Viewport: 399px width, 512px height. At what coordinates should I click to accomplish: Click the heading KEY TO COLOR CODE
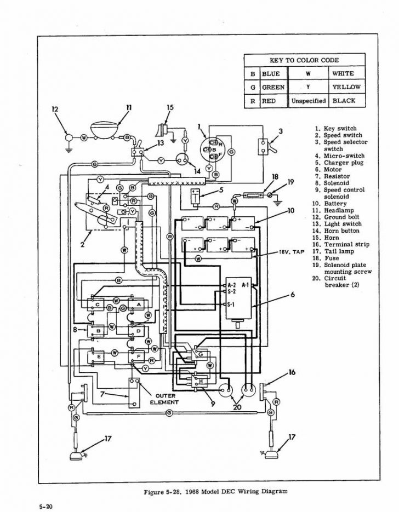pos(304,60)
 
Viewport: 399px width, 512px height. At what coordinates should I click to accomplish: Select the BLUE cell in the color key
pos(271,73)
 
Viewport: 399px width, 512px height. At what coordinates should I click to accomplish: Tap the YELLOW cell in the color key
pos(346,87)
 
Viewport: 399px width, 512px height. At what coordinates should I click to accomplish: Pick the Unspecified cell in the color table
pos(309,101)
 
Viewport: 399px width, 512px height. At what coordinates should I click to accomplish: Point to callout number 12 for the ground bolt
pos(54,109)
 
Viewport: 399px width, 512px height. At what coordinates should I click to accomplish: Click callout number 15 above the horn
pos(170,107)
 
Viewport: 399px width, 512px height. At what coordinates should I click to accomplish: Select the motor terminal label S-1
pos(231,304)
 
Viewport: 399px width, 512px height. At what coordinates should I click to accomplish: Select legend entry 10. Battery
pos(330,204)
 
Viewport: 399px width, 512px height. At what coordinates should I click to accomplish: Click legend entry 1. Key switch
pos(334,129)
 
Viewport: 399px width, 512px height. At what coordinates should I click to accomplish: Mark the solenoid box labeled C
pos(98,304)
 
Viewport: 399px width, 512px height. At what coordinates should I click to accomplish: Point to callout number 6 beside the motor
pos(292,295)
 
